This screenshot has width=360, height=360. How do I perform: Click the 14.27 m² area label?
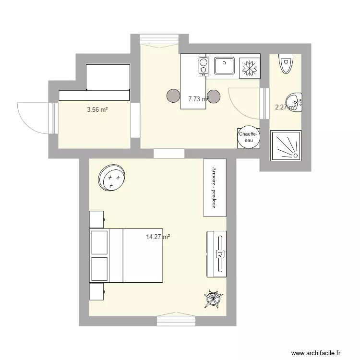(x=158, y=237)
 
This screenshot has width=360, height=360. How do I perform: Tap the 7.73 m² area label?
(x=198, y=99)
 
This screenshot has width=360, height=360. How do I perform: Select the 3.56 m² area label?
(x=97, y=110)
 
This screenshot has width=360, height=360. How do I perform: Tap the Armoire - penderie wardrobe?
(x=214, y=188)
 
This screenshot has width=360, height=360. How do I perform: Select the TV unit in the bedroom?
(x=217, y=253)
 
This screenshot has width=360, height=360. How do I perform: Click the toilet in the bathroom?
(x=286, y=65)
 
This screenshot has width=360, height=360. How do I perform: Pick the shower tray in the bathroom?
(x=286, y=145)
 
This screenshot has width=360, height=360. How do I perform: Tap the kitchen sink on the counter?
(x=224, y=66)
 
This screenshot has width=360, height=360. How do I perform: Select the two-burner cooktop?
(x=204, y=66)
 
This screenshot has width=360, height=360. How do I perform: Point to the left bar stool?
(x=173, y=96)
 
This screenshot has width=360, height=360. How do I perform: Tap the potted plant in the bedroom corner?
(x=214, y=299)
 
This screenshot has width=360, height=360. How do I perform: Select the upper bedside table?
(x=97, y=219)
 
